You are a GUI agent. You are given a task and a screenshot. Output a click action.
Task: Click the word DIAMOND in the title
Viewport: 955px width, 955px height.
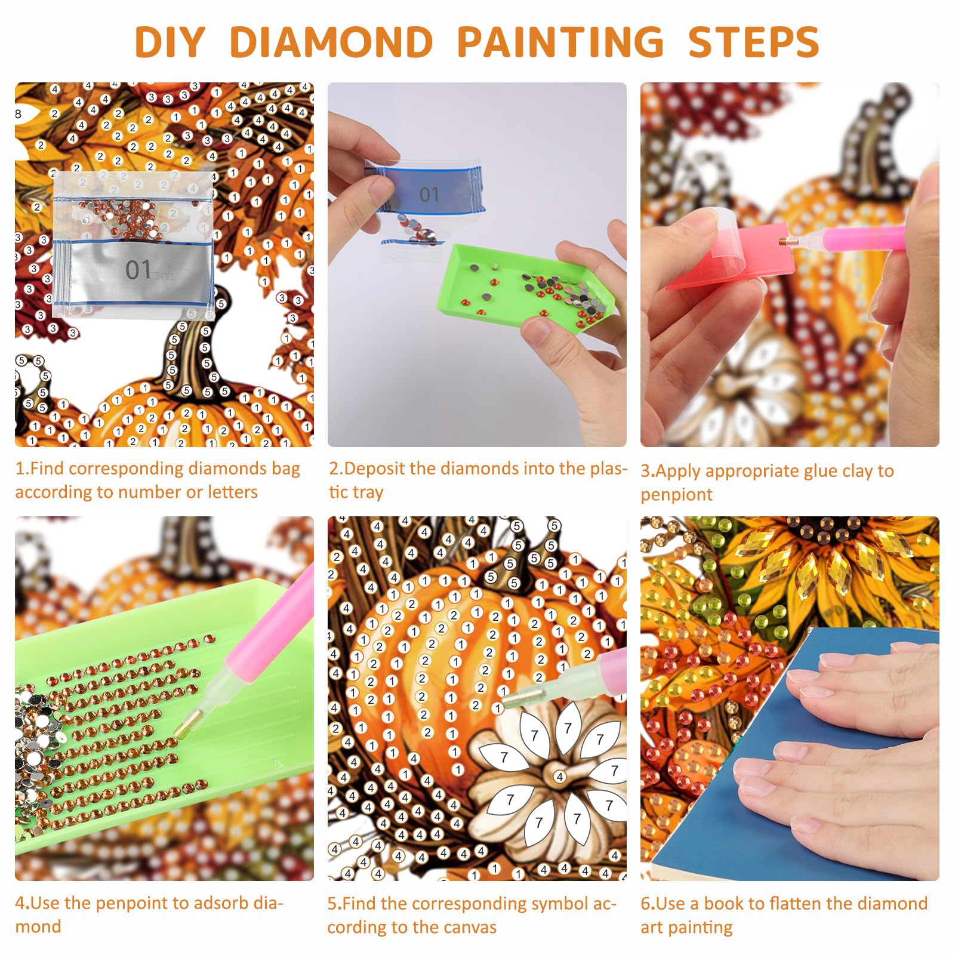tap(331, 42)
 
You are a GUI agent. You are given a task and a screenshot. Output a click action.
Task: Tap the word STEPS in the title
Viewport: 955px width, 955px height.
tap(754, 42)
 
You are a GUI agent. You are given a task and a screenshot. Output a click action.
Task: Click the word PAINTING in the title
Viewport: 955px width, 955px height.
tap(560, 42)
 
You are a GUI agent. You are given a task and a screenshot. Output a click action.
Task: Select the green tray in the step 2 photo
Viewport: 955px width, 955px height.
tap(525, 288)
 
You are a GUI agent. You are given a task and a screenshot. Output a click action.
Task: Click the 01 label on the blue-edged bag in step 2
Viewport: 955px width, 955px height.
tap(429, 195)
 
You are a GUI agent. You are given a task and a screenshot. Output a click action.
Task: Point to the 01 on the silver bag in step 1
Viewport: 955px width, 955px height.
tap(138, 270)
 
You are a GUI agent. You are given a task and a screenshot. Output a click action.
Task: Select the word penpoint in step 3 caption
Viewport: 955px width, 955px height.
tap(676, 495)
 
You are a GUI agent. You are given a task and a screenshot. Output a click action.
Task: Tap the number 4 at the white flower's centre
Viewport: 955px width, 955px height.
tap(560, 777)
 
